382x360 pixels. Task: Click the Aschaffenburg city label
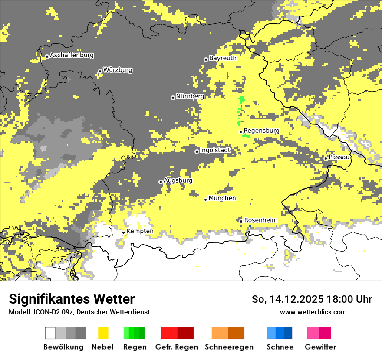pyautogui.click(x=72, y=56)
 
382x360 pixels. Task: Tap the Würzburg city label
pyautogui.click(x=118, y=70)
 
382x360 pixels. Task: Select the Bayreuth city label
pyautogui.click(x=223, y=58)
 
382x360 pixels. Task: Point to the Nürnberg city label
pyautogui.click(x=190, y=96)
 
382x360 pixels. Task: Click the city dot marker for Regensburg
pyautogui.click(x=240, y=132)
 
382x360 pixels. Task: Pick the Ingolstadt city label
pyautogui.click(x=215, y=151)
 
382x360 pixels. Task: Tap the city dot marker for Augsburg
pyautogui.click(x=161, y=182)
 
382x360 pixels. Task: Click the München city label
pyautogui.click(x=222, y=198)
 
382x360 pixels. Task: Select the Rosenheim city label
pyautogui.click(x=261, y=220)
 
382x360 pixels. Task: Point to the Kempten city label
pyautogui.click(x=140, y=231)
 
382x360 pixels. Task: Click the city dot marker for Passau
pyautogui.click(x=326, y=158)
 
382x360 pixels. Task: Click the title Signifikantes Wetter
pyautogui.click(x=72, y=299)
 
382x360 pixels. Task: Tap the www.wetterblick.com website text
pyautogui.click(x=313, y=312)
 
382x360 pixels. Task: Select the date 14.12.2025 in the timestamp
pyautogui.click(x=295, y=300)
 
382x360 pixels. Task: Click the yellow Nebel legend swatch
pyautogui.click(x=103, y=333)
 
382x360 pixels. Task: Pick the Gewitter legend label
pyautogui.click(x=320, y=347)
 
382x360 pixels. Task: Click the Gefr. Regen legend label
pyautogui.click(x=177, y=347)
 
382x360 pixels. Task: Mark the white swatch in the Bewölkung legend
pyautogui.click(x=50, y=333)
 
